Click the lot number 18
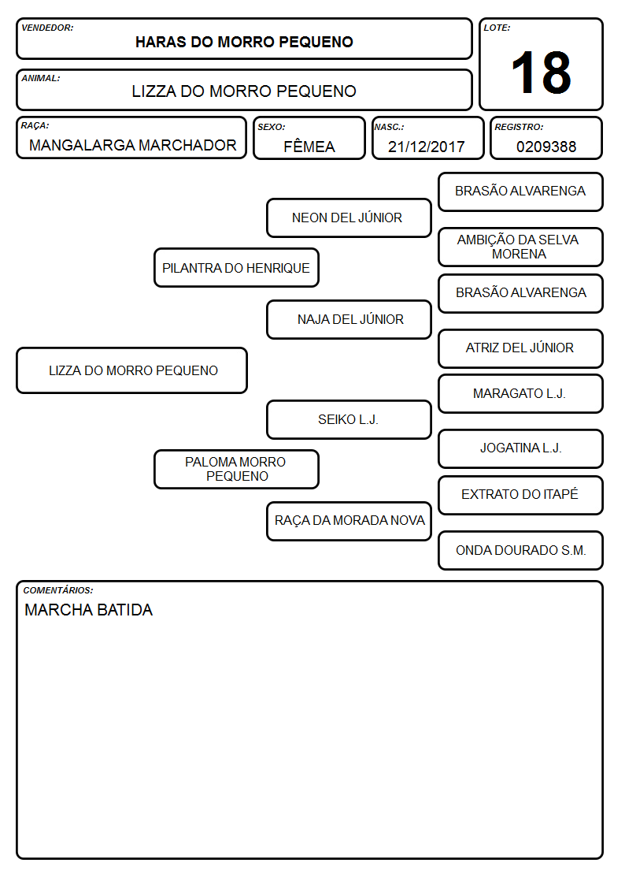tap(541, 73)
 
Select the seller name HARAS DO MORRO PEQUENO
tap(244, 42)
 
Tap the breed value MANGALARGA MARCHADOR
tap(132, 145)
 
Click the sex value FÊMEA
tap(309, 146)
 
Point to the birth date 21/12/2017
tap(426, 147)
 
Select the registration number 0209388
tap(546, 147)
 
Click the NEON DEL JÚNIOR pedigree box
tap(349, 218)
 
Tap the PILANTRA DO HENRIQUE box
tap(236, 267)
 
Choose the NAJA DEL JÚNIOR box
tap(349, 319)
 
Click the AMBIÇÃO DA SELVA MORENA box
tap(520, 247)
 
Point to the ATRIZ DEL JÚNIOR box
tap(520, 348)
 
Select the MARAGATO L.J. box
tap(520, 393)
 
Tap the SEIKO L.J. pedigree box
tap(349, 419)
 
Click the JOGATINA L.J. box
tap(520, 448)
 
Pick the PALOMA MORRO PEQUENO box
tap(236, 469)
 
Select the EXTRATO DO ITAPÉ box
tap(520, 495)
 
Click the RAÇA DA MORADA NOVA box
tap(349, 521)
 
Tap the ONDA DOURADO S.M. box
tap(520, 550)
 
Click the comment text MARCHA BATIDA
tap(88, 610)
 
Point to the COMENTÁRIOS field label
tap(58, 590)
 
